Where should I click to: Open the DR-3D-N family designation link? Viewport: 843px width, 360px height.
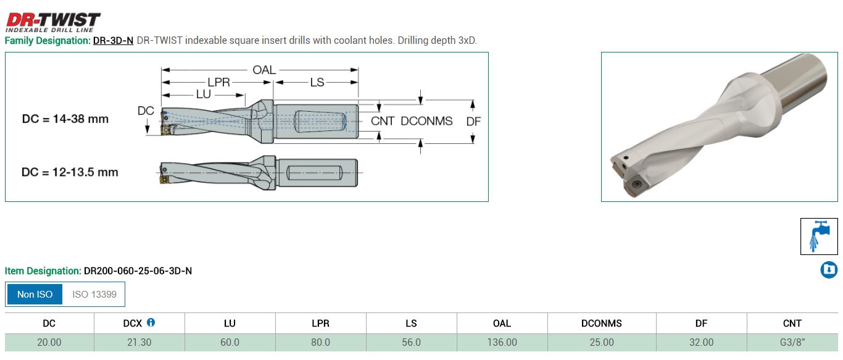tap(113, 41)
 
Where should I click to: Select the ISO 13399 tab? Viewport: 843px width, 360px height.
tap(94, 295)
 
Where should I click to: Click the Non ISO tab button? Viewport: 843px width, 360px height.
tap(35, 295)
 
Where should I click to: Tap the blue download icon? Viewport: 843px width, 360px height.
tap(829, 270)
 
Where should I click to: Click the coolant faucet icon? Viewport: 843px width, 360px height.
tap(819, 236)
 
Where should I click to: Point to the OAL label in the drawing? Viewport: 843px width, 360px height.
tap(264, 70)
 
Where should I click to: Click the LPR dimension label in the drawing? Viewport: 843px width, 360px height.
tap(219, 82)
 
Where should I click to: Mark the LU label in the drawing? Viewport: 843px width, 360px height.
tap(203, 94)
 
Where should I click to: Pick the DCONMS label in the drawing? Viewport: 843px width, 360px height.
tap(426, 121)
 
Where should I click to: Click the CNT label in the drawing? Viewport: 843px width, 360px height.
tap(383, 121)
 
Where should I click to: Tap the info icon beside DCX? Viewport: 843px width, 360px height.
tap(151, 322)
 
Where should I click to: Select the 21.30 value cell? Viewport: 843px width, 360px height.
tap(139, 342)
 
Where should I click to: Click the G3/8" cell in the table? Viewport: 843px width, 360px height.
tap(792, 342)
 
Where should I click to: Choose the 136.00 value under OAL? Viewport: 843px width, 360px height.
tap(502, 342)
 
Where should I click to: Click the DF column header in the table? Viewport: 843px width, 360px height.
tap(701, 323)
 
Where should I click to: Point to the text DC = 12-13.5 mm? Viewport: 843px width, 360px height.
tap(70, 172)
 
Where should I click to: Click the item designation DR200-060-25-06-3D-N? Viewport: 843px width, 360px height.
tap(138, 271)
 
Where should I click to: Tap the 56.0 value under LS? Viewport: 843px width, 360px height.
tap(411, 342)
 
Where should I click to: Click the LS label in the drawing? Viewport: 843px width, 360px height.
tap(317, 82)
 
